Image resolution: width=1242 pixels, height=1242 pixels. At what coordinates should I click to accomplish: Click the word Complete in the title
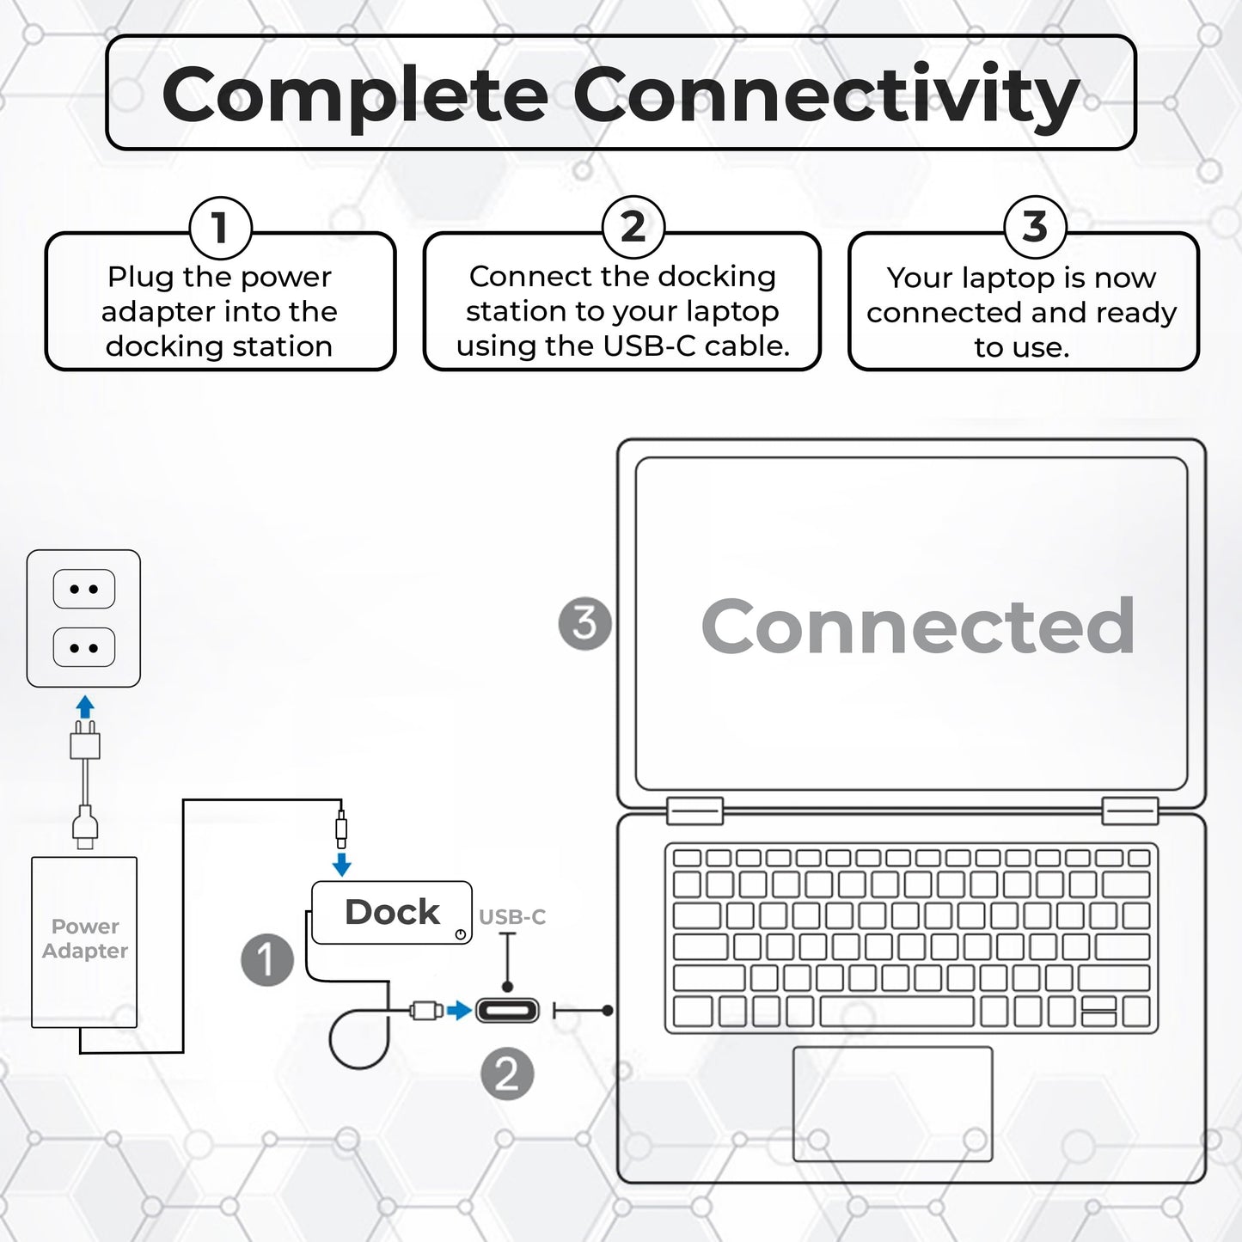pos(355,95)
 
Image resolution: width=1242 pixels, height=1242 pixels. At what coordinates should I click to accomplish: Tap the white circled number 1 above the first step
pos(220,228)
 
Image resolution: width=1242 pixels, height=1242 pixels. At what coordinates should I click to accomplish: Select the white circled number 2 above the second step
pos(633,227)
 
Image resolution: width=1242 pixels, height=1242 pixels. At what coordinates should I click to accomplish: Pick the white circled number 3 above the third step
pos(1035,227)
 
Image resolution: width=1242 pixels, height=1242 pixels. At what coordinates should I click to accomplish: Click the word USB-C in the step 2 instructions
pos(650,346)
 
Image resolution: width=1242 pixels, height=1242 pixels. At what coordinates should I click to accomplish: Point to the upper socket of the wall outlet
pos(83,589)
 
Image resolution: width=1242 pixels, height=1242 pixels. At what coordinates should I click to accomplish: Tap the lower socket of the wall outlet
pos(83,647)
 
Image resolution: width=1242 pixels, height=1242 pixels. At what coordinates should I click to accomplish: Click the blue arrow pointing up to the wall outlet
pos(85,707)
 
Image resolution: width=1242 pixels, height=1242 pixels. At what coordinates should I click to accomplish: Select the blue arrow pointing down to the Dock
pos(341,865)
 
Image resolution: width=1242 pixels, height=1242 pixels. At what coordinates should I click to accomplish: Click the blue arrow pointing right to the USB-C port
pos(460,1010)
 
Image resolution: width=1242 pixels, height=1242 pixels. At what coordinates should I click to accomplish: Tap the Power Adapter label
pos(85,939)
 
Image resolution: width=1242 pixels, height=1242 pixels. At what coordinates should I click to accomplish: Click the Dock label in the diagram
pos(392,912)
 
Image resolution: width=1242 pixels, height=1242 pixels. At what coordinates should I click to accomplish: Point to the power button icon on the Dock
pos(460,934)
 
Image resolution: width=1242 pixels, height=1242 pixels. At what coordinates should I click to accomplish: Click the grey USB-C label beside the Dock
pos(512,916)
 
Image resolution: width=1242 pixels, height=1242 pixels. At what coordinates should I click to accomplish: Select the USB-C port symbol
pos(507,1010)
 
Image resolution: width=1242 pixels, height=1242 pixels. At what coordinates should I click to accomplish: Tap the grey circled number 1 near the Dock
pos(267,960)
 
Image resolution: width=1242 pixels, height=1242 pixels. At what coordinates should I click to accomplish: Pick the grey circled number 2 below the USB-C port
pos(507,1074)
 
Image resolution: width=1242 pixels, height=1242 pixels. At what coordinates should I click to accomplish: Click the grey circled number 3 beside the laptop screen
pos(585,623)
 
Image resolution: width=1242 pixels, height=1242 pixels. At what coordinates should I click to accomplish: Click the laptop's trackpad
pos(893,1104)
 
